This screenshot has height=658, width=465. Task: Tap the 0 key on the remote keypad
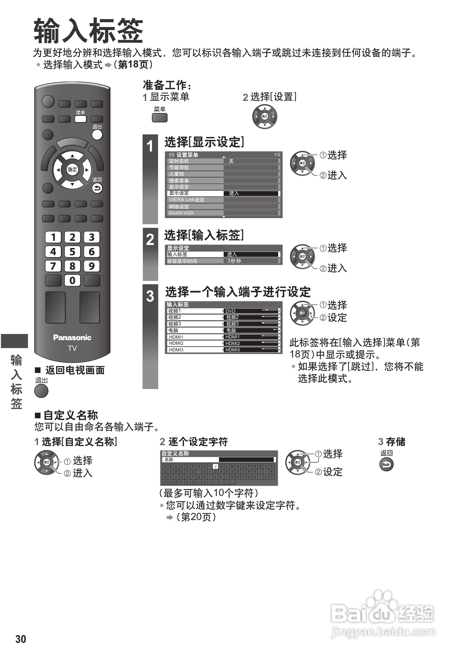[72, 280]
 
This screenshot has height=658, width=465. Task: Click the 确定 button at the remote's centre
[72, 170]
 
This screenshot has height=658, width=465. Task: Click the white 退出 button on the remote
[97, 135]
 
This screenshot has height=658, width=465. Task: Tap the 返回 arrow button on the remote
[97, 188]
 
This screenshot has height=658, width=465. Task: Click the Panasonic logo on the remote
[72, 338]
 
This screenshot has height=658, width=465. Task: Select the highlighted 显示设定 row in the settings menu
[195, 193]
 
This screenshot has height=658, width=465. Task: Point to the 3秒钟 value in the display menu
[234, 261]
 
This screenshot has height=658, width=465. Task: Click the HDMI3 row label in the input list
[176, 350]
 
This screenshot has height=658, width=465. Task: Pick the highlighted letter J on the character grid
[215, 466]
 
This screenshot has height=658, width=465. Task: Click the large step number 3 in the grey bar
[150, 296]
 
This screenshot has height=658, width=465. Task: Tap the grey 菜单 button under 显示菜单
[159, 118]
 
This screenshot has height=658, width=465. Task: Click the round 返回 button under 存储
[386, 464]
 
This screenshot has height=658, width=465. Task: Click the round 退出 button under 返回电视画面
[41, 391]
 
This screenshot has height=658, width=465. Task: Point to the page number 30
[21, 639]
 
